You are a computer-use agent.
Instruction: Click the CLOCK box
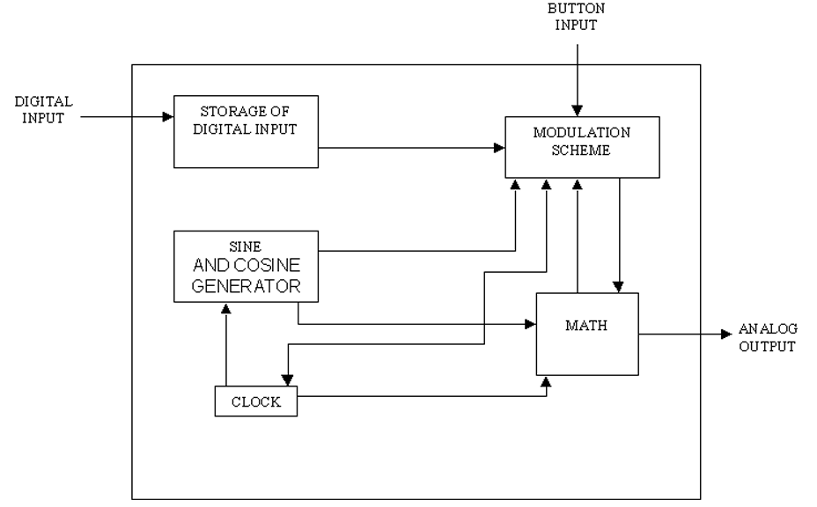point(256,401)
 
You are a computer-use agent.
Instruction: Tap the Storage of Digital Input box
point(246,130)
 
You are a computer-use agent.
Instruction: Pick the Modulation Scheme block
point(582,147)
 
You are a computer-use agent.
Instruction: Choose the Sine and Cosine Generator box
point(246,266)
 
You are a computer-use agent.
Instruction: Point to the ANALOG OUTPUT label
point(767,339)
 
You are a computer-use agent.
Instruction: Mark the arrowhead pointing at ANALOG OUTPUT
point(725,334)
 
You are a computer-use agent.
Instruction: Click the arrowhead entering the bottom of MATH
point(548,382)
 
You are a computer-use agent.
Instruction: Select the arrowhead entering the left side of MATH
point(532,324)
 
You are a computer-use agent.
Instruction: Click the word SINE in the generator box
point(245,246)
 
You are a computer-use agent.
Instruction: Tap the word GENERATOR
point(246,285)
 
